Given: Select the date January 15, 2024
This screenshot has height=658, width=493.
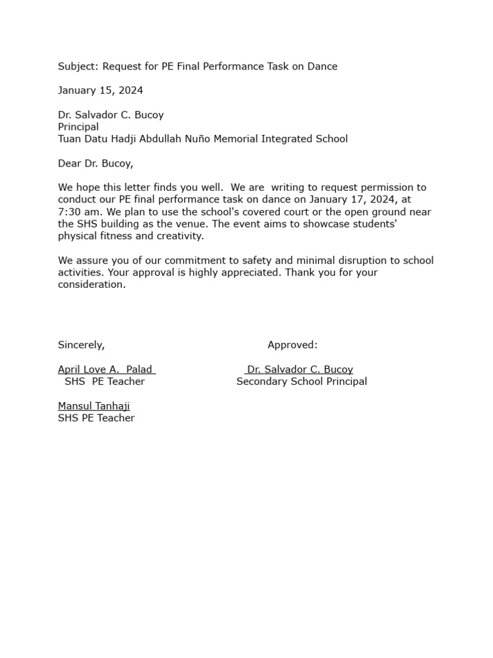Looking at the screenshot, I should [100, 90].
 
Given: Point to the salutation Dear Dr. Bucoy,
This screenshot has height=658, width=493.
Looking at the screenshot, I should [96, 163].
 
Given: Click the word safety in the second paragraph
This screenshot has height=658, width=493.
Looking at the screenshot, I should [242, 260].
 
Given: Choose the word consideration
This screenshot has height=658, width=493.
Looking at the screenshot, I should [92, 285].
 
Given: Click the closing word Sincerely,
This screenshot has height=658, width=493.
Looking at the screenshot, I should [81, 345].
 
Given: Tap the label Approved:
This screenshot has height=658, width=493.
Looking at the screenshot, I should [292, 345].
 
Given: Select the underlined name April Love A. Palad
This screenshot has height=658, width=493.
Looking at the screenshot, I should [106, 369].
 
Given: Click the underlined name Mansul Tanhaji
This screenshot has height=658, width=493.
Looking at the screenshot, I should [94, 406].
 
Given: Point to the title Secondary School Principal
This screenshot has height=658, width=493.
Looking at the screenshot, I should [302, 382].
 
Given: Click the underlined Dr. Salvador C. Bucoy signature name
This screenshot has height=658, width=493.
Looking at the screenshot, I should [300, 369].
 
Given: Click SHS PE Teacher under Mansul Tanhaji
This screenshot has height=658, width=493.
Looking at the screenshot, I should [96, 418].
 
